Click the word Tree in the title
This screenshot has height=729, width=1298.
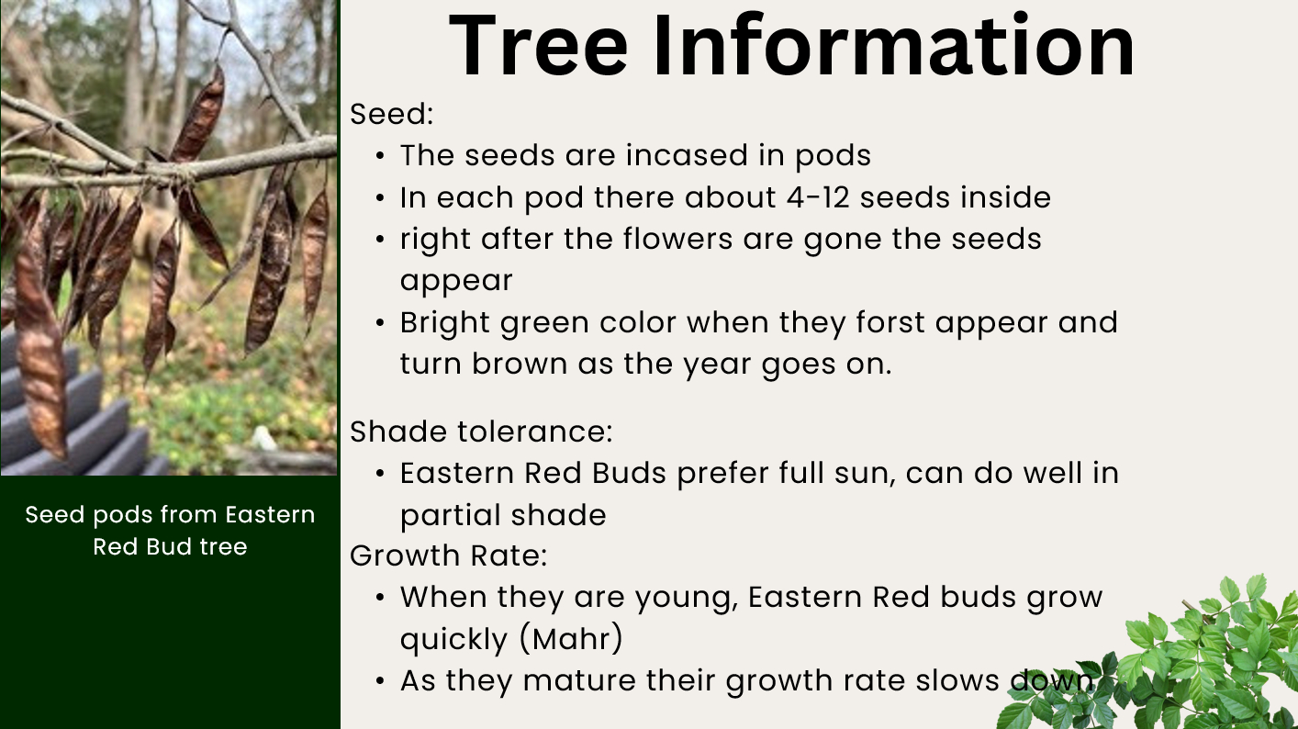tap(538, 46)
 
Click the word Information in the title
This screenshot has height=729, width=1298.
tap(894, 46)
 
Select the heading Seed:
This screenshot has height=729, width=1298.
tap(392, 114)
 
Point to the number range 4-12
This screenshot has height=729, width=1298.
tap(818, 197)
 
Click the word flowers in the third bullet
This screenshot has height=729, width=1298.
tap(678, 239)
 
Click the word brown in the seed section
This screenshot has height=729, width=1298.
tap(520, 364)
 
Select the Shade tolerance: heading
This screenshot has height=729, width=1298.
tap(481, 432)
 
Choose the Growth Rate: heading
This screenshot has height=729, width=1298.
tap(449, 555)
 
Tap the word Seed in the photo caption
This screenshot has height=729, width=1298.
tap(55, 514)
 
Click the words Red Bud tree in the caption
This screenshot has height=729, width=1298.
tap(171, 546)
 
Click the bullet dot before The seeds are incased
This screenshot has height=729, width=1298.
tap(380, 156)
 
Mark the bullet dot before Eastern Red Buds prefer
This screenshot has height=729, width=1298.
tap(380, 474)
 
